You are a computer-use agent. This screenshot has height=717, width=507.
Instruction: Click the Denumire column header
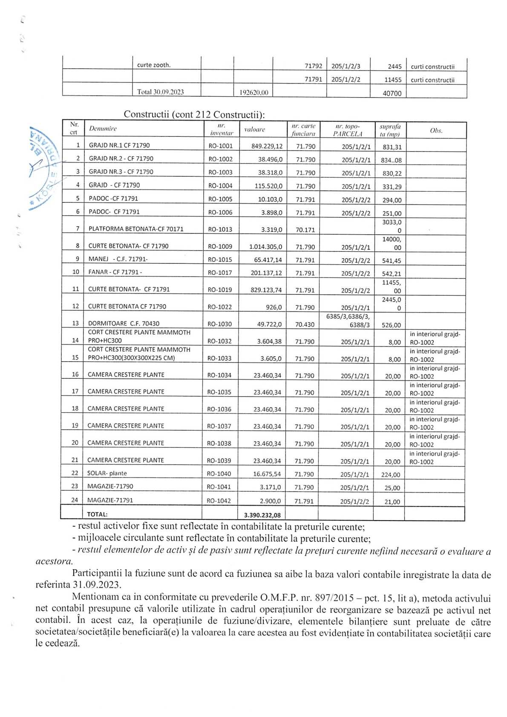[103, 129]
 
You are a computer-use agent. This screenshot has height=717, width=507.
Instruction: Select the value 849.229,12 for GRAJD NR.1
[267, 146]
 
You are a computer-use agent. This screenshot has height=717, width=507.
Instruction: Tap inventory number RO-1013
[220, 229]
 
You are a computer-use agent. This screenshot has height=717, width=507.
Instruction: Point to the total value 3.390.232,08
[262, 515]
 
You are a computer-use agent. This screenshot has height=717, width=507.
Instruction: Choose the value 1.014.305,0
[265, 247]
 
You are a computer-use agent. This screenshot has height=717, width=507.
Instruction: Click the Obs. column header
[436, 130]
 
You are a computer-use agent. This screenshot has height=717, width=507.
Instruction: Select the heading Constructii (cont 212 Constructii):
[194, 114]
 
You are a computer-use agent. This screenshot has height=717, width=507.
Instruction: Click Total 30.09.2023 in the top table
[160, 92]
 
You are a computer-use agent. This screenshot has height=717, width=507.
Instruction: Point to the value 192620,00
[254, 92]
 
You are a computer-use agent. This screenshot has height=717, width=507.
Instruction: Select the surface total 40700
[392, 93]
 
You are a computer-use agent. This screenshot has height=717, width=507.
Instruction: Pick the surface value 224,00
[391, 475]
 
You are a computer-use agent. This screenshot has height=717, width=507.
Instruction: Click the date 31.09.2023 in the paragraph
[97, 585]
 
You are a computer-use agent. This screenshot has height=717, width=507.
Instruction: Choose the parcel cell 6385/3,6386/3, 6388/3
[348, 320]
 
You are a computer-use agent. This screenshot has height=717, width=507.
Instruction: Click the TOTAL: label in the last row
[97, 514]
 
